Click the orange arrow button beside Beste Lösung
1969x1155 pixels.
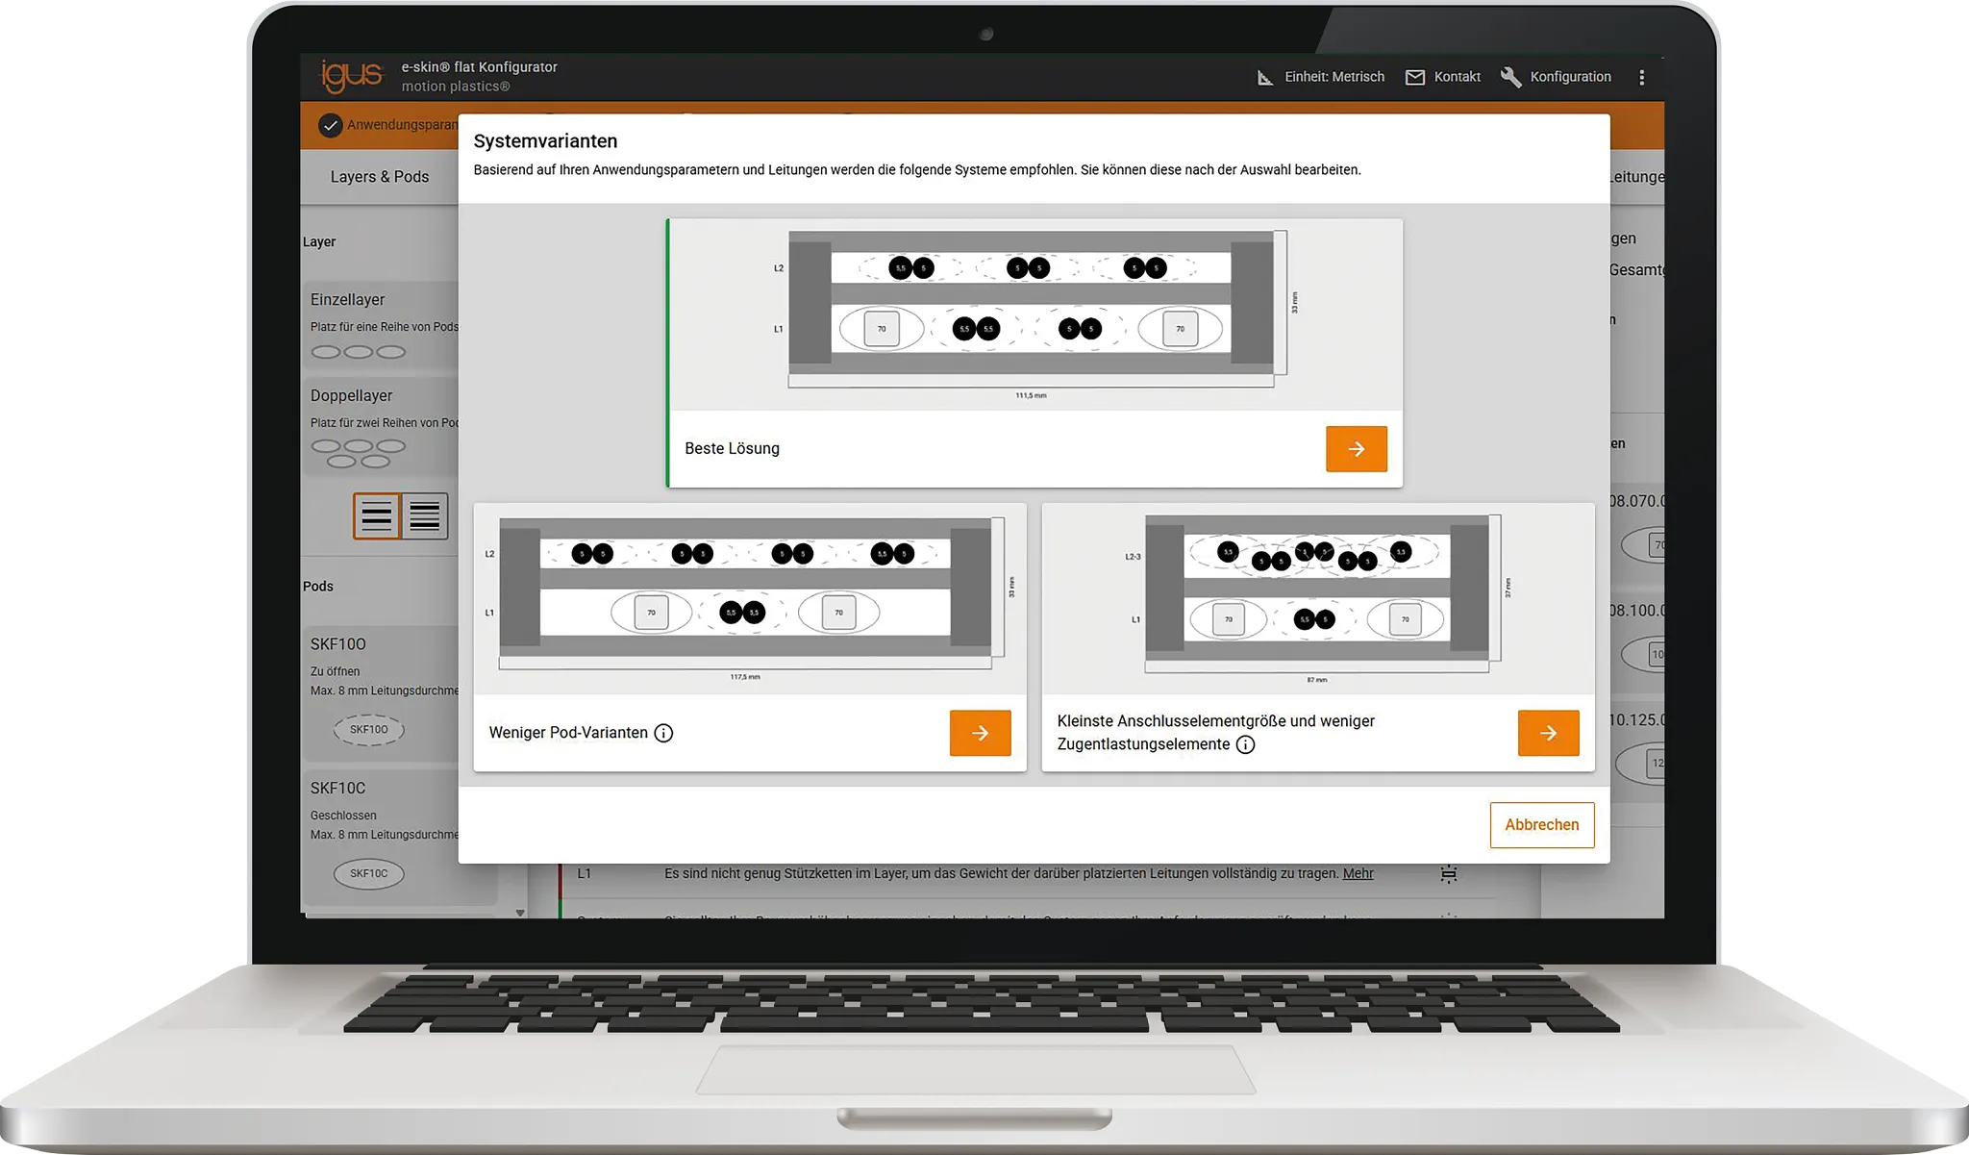(x=1356, y=449)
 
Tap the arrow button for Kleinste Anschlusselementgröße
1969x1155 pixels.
(x=1548, y=733)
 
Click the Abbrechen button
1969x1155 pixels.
(x=1541, y=825)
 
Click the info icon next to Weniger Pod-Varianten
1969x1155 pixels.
(x=663, y=734)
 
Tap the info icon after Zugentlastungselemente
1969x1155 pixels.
(x=1245, y=745)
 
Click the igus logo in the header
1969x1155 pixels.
(x=351, y=76)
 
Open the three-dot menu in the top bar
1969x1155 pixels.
(x=1641, y=78)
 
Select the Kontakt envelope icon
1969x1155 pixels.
(x=1415, y=78)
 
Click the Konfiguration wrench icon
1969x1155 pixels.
(x=1510, y=78)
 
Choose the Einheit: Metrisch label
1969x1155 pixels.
(x=1333, y=77)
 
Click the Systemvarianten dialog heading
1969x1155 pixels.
(x=545, y=141)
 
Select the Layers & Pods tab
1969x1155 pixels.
(x=380, y=177)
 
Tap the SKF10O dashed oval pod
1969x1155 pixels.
(x=369, y=730)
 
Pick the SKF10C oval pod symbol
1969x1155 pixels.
(x=369, y=874)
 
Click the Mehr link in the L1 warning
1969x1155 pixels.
(x=1358, y=874)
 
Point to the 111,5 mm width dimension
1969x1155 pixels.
(x=1031, y=396)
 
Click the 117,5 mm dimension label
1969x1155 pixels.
(x=745, y=678)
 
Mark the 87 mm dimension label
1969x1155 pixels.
(x=1316, y=680)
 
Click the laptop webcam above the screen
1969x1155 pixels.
(x=985, y=35)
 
